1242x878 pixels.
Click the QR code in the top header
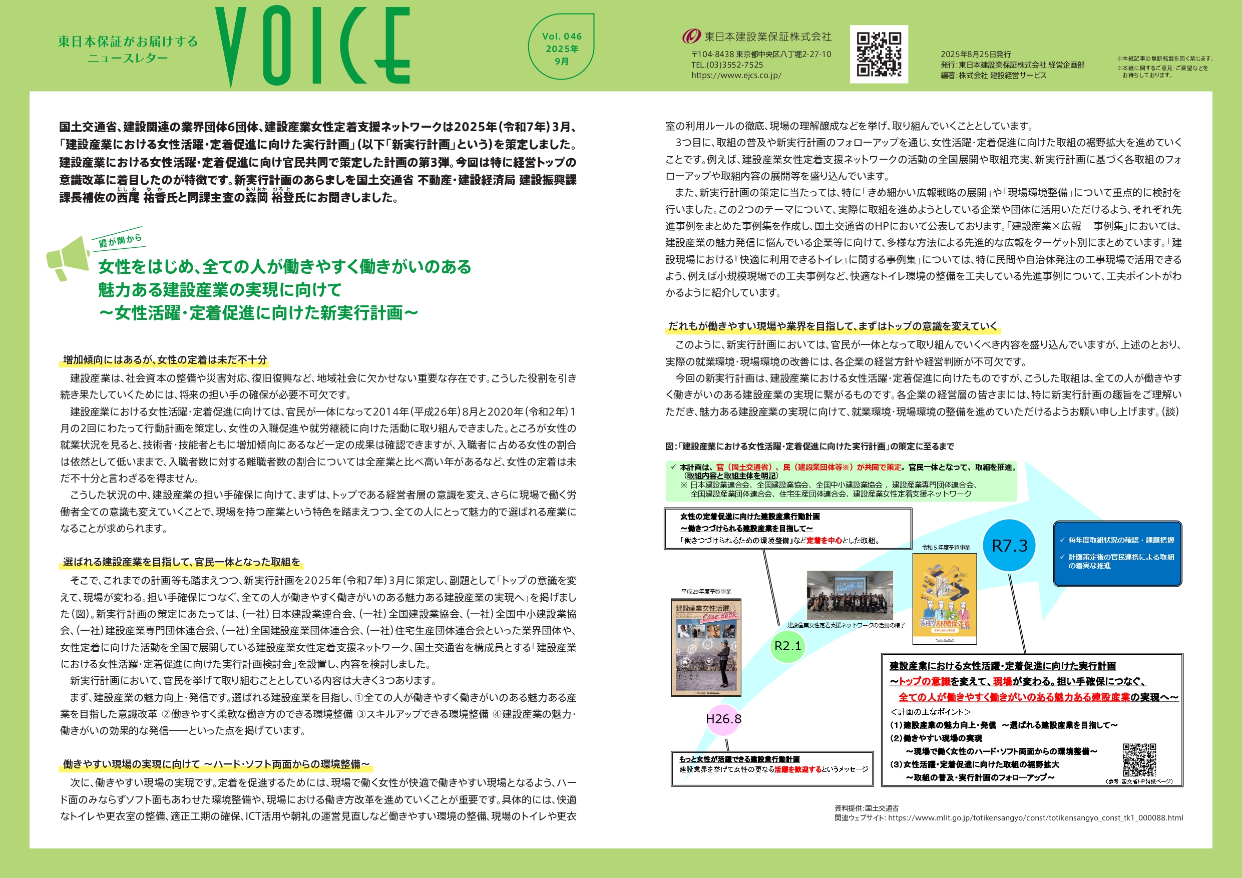[879, 54]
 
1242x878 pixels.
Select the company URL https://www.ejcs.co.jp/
[736, 76]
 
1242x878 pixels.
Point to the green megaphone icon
[68, 259]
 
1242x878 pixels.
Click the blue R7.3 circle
[1009, 545]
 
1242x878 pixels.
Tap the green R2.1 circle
[787, 646]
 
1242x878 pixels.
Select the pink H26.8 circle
[723, 719]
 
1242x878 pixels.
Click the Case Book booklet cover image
[706, 647]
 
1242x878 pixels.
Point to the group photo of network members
[850, 595]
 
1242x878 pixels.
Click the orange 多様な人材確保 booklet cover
[945, 598]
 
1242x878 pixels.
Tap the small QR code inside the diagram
[1139, 760]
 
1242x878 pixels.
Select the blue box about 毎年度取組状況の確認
[1117, 553]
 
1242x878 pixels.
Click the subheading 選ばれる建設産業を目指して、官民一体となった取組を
[181, 562]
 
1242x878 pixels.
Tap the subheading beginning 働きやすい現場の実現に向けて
[216, 764]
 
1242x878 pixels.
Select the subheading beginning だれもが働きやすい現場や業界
[833, 326]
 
